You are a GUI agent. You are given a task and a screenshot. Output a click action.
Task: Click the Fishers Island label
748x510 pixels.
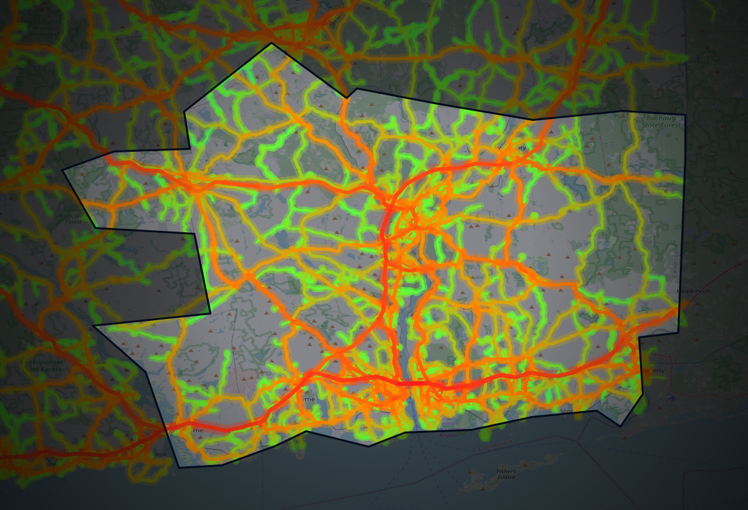coord(506,474)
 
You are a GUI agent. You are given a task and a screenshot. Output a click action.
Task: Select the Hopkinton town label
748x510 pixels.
coord(693,291)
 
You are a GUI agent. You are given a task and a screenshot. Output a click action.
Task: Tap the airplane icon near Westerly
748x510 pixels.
coord(672,397)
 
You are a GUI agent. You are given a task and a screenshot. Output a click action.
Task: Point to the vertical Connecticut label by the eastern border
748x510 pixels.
coord(675,261)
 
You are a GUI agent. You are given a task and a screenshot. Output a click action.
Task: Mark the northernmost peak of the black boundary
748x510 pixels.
coord(272,43)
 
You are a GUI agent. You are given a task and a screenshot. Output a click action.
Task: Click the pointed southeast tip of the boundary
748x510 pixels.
coord(620,425)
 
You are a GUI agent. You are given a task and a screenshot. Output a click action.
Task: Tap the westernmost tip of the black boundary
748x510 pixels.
coord(62,170)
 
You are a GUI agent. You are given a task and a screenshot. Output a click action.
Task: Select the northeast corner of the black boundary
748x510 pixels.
coord(685,115)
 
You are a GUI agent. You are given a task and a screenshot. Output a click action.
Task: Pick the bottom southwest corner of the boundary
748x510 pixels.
coord(179,467)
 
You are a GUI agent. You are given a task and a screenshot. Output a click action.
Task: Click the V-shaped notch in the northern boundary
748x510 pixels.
coord(347,98)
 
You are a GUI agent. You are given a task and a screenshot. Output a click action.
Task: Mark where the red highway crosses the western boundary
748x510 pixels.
coord(166,426)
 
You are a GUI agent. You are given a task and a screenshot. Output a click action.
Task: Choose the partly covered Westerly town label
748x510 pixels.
coord(661,371)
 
